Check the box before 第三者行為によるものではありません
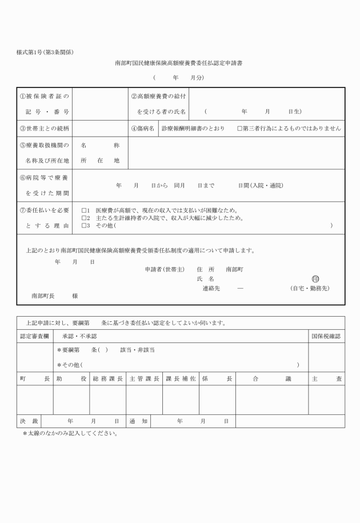[x=240, y=129]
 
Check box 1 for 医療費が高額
[x=85, y=210]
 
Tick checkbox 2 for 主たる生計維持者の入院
[x=85, y=218]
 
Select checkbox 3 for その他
[x=85, y=225]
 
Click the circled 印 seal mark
[x=315, y=278]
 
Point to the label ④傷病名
[x=142, y=129]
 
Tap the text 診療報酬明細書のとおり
[x=196, y=129]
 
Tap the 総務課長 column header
[x=107, y=378]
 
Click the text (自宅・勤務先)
[x=309, y=288]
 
